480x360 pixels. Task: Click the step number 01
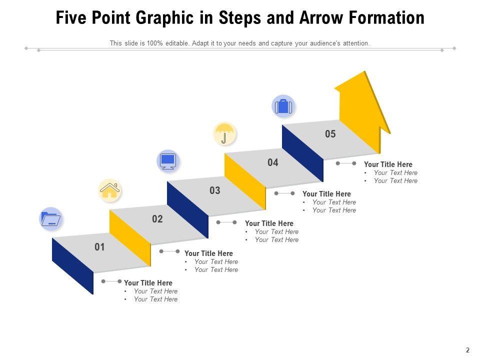coord(99,246)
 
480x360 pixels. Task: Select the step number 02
coord(157,218)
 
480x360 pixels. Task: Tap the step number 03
coord(215,190)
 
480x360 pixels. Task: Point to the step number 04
coord(273,162)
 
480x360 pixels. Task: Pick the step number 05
coord(330,134)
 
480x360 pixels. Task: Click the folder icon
coord(51,218)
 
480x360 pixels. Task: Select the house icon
coord(110,190)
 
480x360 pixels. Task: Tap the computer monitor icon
coord(168,161)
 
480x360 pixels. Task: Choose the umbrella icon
coord(224,134)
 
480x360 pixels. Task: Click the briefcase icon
coord(283,106)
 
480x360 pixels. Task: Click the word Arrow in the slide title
coord(321,17)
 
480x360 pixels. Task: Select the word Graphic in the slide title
coord(164,18)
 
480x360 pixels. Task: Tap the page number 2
coord(467,350)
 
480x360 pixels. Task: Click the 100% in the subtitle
coord(154,43)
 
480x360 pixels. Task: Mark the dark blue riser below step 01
coord(72,266)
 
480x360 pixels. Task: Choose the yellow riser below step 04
coord(245,181)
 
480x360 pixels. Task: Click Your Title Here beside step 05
coord(388,164)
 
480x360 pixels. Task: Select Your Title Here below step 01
coord(148,283)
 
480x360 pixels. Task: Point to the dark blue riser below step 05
coord(303,153)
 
